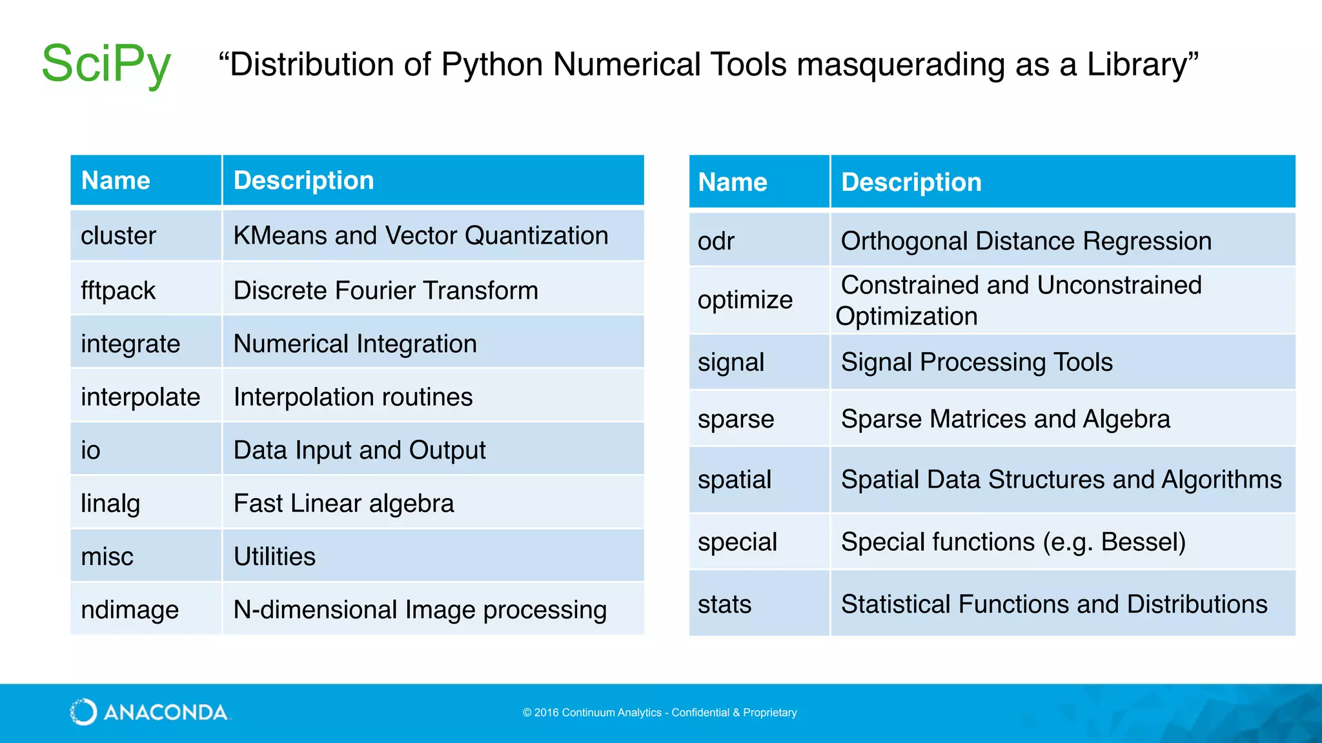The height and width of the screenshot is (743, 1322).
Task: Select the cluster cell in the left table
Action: point(119,236)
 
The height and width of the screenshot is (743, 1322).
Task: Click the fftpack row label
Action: point(118,291)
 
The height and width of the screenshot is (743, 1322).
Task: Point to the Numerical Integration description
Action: point(355,344)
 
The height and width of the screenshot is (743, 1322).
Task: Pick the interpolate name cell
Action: point(140,397)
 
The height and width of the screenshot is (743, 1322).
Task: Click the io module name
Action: point(91,450)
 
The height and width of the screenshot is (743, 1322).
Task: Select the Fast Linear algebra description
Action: point(343,504)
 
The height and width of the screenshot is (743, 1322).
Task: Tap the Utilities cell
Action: point(274,557)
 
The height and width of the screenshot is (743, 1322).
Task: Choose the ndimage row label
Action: point(130,610)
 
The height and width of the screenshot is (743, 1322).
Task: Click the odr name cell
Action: point(716,241)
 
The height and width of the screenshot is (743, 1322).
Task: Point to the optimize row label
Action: point(745,300)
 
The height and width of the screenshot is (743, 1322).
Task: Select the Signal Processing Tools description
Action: point(977,362)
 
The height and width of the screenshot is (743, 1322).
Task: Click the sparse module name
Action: point(736,419)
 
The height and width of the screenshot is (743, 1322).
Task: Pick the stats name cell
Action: point(724,604)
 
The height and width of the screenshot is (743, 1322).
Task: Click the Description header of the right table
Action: point(911,183)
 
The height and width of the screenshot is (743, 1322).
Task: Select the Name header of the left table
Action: point(116,181)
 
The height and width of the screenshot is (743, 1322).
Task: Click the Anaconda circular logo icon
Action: point(83,712)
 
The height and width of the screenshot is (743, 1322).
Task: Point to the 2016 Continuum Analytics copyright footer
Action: point(660,713)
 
